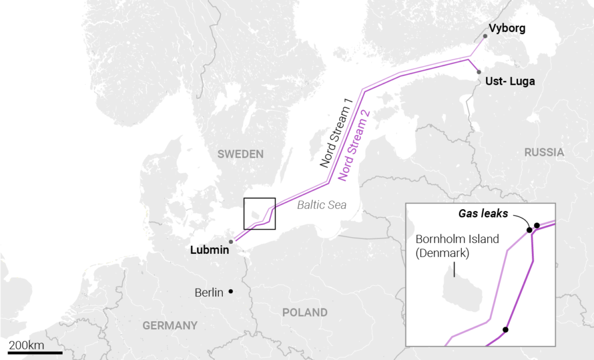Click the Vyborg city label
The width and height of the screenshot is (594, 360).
click(507, 28)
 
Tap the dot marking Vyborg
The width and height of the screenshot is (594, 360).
click(486, 36)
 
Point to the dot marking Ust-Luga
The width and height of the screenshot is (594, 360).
click(479, 72)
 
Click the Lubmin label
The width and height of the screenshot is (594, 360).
click(209, 250)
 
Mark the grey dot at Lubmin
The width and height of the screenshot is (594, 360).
click(231, 242)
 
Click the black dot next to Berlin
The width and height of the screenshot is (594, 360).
click(231, 291)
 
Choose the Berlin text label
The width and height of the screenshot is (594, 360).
click(209, 292)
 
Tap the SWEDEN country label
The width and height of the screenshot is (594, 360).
click(240, 154)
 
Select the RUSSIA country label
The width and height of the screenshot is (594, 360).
click(544, 152)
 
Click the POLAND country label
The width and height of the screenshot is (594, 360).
click(305, 312)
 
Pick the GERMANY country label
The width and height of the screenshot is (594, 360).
click(170, 325)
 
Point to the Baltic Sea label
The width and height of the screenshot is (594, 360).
click(321, 205)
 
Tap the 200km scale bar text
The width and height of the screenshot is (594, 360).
click(26, 346)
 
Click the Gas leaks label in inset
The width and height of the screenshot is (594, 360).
click(483, 214)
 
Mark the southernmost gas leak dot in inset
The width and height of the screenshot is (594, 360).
click(505, 330)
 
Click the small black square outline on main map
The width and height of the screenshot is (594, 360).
click(259, 213)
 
